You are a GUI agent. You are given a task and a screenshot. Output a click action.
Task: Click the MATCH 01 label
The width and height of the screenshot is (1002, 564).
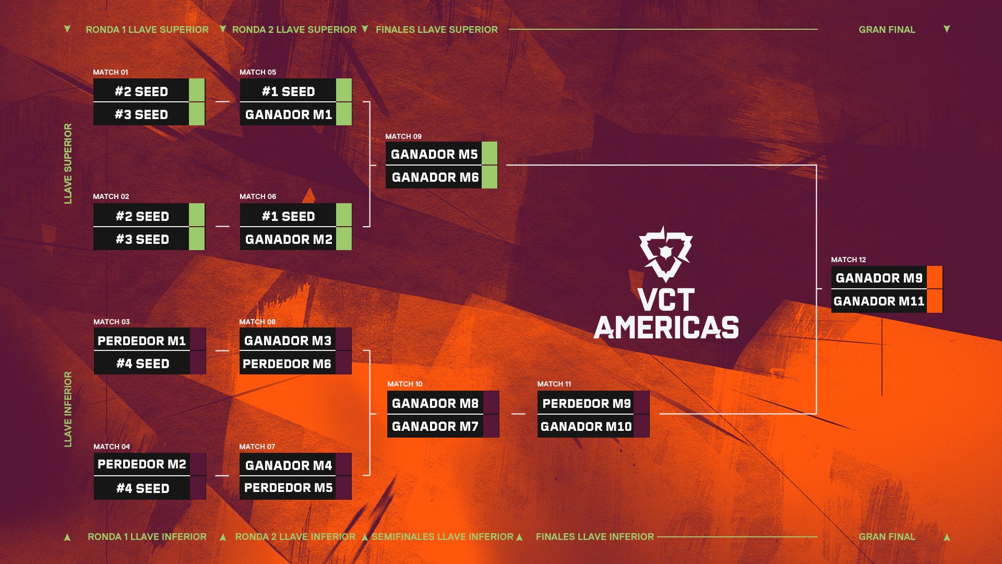[110, 72]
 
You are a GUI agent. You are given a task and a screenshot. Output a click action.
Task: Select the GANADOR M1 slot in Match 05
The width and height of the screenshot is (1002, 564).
[288, 114]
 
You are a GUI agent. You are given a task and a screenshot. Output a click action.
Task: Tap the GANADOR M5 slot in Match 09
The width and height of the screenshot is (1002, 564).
[434, 154]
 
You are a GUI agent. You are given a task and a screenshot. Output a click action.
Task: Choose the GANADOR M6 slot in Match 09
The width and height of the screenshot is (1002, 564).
[434, 177]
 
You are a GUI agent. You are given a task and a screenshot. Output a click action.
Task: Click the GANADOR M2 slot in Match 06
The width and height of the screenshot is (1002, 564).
[288, 239]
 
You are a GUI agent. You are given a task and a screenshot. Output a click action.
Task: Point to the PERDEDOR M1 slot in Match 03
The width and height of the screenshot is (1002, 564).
[142, 340]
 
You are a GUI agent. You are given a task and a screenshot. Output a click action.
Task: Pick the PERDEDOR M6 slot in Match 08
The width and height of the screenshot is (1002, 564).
[288, 363]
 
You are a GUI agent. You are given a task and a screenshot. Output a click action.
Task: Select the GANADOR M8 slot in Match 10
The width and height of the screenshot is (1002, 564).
[435, 403]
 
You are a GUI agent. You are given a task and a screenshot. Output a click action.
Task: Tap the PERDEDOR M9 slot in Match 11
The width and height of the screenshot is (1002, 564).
[586, 403]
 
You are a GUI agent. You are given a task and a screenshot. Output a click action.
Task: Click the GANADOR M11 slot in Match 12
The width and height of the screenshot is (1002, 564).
[879, 301]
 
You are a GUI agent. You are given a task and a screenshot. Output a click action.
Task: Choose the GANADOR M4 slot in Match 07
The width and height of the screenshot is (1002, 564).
[288, 465]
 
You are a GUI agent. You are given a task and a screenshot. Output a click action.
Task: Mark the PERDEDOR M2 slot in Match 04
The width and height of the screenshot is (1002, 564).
[142, 464]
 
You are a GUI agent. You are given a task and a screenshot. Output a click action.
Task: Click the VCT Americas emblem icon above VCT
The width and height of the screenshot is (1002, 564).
[666, 254]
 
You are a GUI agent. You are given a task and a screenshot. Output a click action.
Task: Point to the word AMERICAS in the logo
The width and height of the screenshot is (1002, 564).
[666, 327]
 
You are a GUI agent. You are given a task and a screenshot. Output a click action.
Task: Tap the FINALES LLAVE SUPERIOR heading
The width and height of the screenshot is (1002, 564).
[437, 30]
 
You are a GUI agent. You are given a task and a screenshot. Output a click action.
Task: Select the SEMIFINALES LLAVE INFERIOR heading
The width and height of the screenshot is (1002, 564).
[443, 536]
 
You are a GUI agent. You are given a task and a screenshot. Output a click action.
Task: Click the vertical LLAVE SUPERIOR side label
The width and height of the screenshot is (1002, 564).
[68, 163]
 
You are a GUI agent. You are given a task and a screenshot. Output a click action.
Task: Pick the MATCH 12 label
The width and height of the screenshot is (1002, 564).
[848, 260]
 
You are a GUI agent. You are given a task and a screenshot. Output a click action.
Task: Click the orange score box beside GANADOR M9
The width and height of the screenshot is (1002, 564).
[935, 277]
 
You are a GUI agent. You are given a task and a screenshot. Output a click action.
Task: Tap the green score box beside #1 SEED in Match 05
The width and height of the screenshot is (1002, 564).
[344, 90]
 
